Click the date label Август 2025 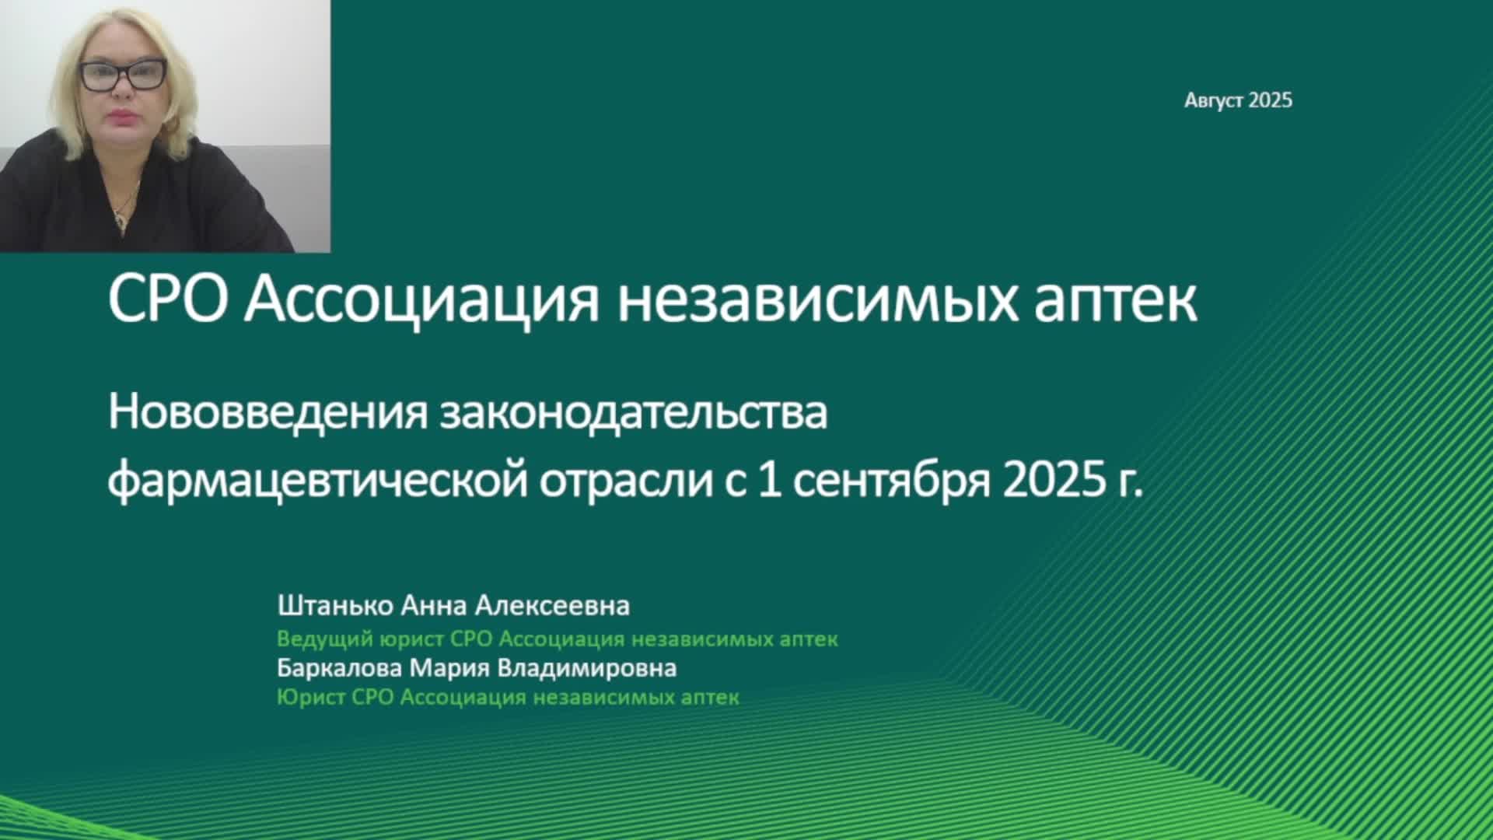tap(1238, 100)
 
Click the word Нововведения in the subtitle tap(268, 413)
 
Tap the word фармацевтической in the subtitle tap(318, 481)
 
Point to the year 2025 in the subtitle tap(1053, 481)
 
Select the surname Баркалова tap(340, 668)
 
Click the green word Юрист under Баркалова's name tap(311, 697)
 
